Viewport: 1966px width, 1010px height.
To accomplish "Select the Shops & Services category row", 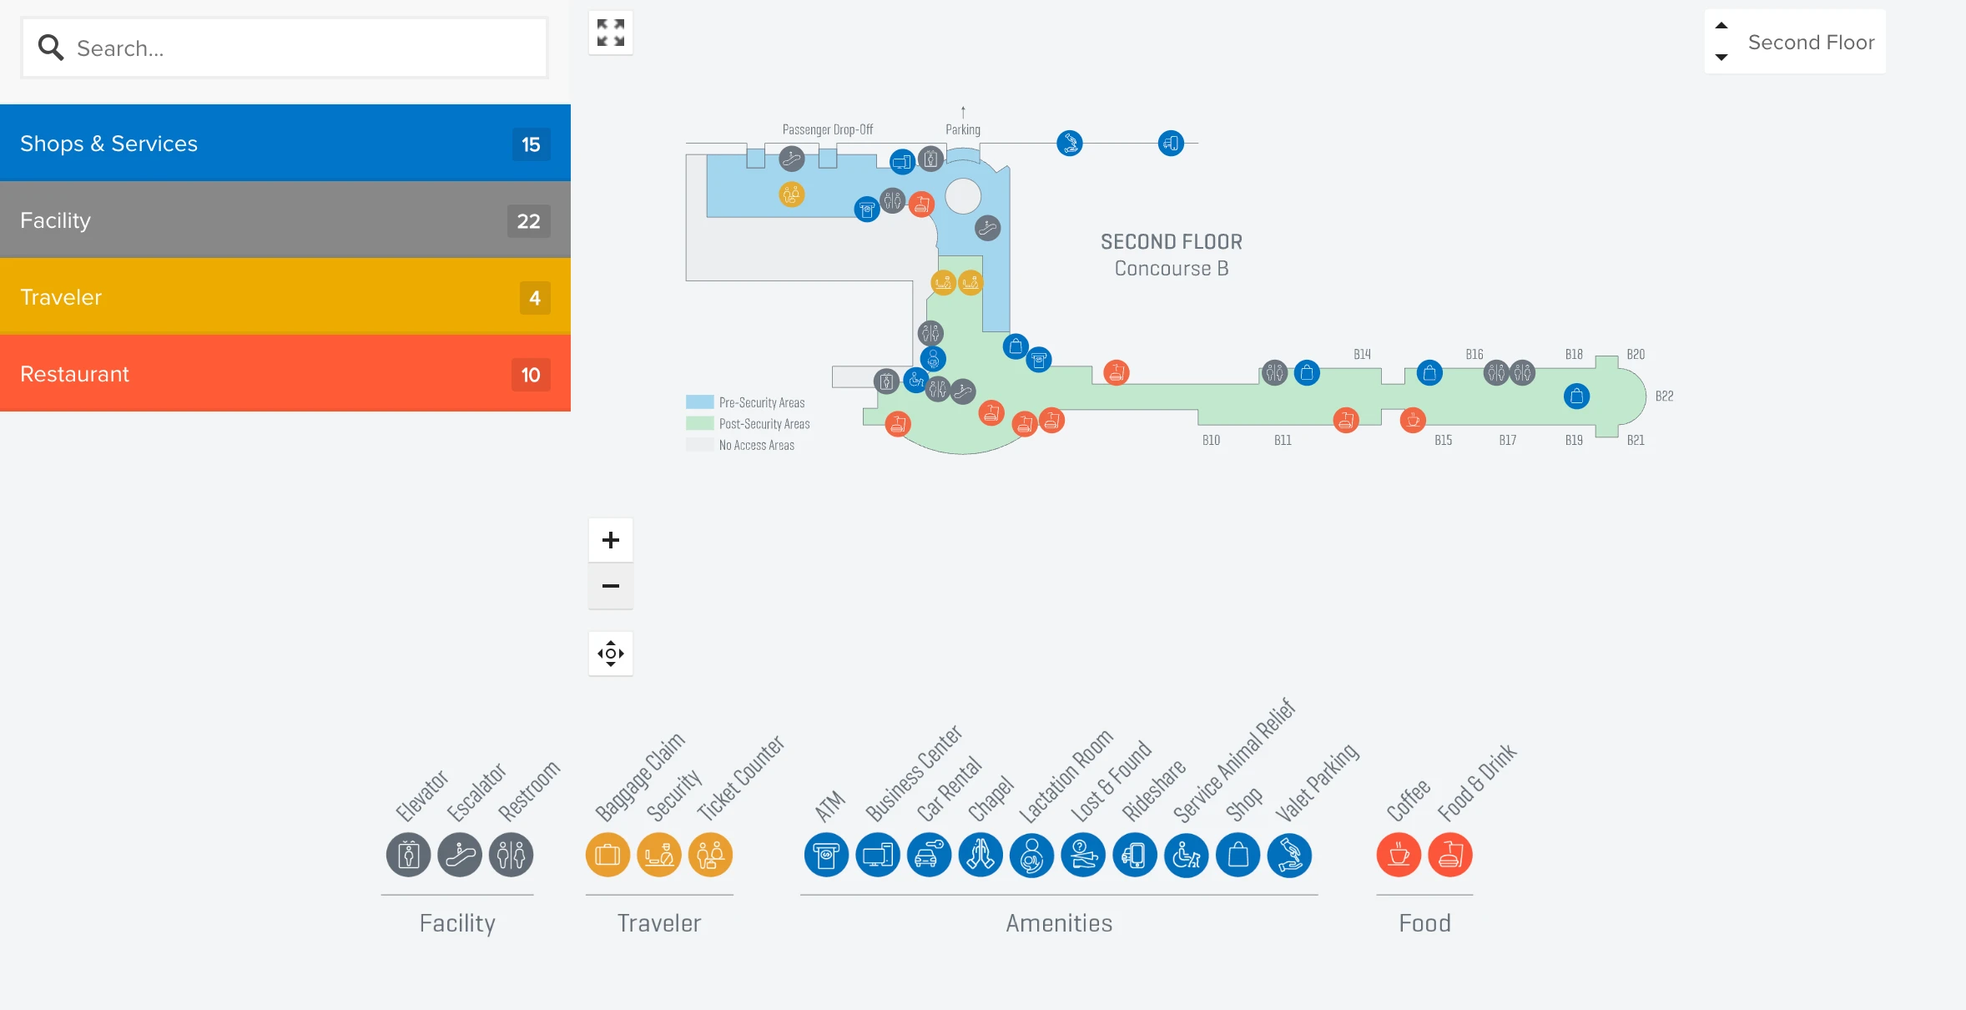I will (x=284, y=144).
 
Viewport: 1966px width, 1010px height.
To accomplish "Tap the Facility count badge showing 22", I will (x=528, y=221).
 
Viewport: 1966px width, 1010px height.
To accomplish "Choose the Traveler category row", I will (x=284, y=297).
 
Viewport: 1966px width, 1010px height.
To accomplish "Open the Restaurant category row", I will (x=284, y=374).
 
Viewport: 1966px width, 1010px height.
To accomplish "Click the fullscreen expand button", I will (x=611, y=33).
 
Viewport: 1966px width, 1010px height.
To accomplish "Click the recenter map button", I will (x=611, y=654).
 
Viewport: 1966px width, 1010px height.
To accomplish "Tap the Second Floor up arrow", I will (x=1721, y=26).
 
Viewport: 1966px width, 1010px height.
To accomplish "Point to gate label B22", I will (x=1664, y=396).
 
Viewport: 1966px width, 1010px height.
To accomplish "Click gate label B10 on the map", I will (x=1211, y=441).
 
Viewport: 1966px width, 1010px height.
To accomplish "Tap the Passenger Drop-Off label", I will (x=827, y=130).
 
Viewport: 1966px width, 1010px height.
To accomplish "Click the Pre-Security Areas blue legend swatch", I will (x=699, y=402).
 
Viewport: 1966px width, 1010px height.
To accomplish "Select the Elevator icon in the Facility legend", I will (x=408, y=855).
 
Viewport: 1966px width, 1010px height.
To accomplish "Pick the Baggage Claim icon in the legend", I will (x=607, y=855).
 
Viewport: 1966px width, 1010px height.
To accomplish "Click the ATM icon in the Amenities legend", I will (x=826, y=855).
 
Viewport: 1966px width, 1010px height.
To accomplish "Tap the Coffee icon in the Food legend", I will (x=1399, y=855).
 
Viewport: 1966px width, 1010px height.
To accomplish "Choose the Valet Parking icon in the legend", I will (x=1289, y=855).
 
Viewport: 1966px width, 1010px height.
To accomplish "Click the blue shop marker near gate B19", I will (x=1576, y=396).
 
